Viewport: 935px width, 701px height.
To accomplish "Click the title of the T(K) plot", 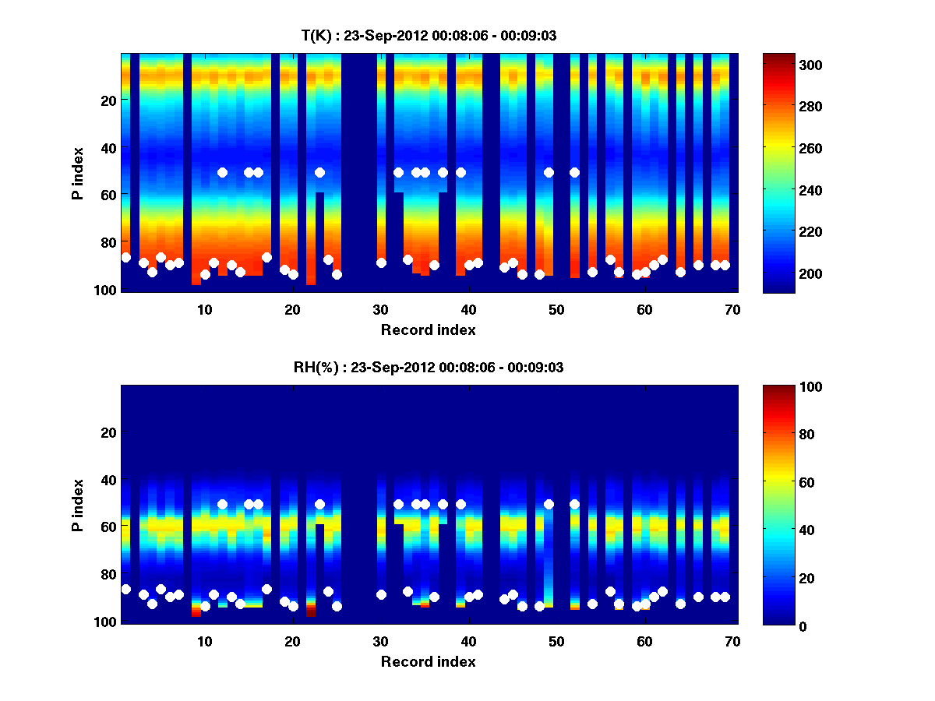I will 429,35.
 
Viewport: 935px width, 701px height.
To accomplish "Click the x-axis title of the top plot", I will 429,329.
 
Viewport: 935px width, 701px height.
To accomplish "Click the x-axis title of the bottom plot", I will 429,661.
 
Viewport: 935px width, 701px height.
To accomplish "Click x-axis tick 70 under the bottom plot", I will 732,641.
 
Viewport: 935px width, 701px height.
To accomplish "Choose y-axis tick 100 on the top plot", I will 107,291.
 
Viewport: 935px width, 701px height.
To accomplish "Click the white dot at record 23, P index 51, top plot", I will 319,172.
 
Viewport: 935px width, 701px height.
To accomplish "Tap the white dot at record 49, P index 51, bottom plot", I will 549,504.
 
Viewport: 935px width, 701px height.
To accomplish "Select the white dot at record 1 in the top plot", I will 126,257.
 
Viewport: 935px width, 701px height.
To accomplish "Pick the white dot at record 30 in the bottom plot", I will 381,594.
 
